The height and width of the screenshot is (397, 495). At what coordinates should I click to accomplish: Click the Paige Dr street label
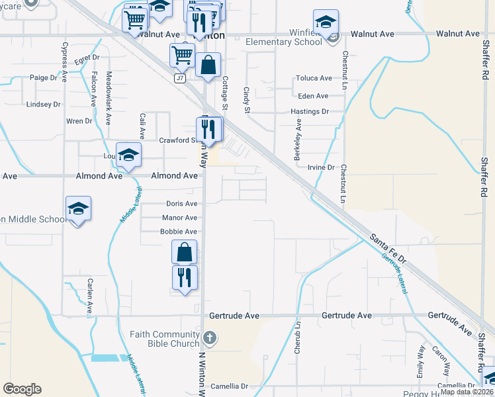[x=44, y=77]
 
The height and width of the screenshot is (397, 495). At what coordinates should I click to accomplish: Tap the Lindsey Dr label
[x=43, y=105]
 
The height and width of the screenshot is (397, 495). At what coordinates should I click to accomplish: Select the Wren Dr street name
[x=79, y=121]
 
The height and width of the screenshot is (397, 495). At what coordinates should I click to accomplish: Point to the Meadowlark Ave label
[x=109, y=99]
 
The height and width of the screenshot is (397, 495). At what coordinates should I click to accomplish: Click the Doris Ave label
[x=181, y=204]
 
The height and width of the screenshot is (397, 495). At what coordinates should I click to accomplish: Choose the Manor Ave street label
[x=179, y=218]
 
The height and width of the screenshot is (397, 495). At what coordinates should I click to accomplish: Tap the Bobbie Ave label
[x=179, y=232]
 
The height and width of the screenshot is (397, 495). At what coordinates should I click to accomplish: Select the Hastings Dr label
[x=310, y=112]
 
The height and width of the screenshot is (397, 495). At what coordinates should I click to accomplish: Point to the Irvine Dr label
[x=321, y=168]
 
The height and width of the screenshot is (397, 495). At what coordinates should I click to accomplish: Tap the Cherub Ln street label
[x=298, y=341]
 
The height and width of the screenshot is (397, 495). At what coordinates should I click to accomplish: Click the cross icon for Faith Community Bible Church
[x=208, y=339]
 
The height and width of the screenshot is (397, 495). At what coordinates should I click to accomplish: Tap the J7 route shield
[x=179, y=78]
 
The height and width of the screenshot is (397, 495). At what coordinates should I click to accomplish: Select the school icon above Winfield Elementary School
[x=326, y=22]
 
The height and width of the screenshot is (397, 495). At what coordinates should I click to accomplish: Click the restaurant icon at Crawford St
[x=210, y=129]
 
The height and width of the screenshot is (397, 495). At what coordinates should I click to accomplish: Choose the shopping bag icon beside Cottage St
[x=208, y=66]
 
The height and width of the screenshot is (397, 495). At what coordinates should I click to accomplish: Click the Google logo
[x=22, y=389]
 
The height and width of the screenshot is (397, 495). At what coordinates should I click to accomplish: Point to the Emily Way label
[x=421, y=360]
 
